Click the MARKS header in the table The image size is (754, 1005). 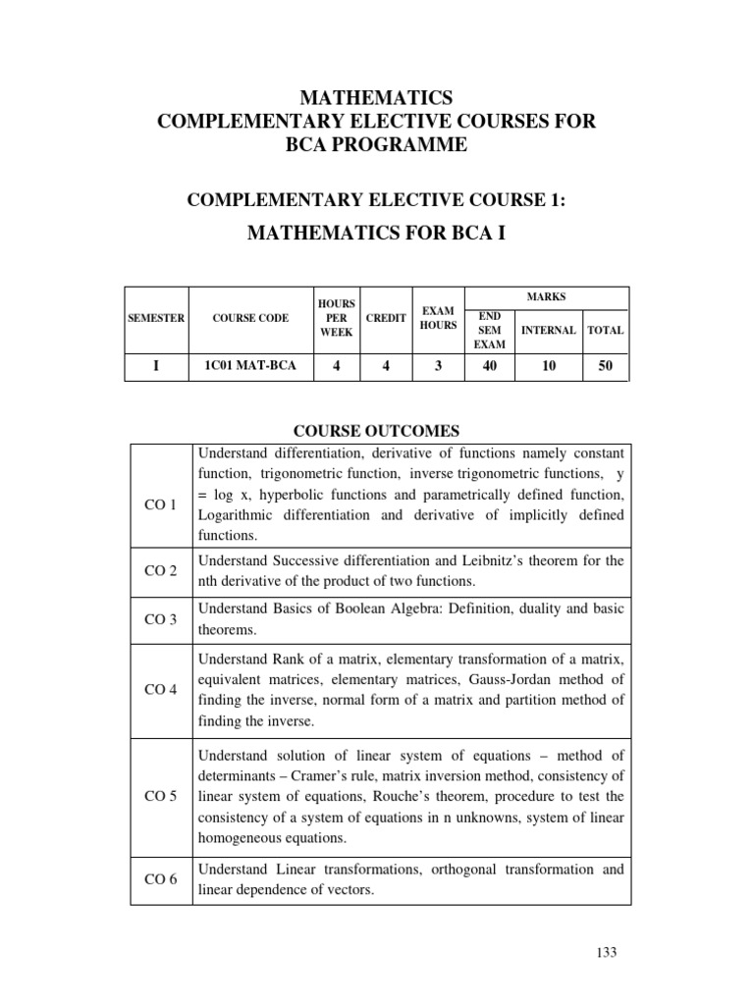pyautogui.click(x=546, y=295)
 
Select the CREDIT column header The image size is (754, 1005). pyautogui.click(x=385, y=319)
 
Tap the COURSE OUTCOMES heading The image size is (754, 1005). pyautogui.click(x=378, y=431)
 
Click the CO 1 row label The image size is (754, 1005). pyautogui.click(x=160, y=504)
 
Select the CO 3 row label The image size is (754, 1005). pyautogui.click(x=160, y=619)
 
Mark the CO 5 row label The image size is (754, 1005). pyautogui.click(x=160, y=795)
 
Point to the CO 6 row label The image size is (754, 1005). pyautogui.click(x=160, y=879)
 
